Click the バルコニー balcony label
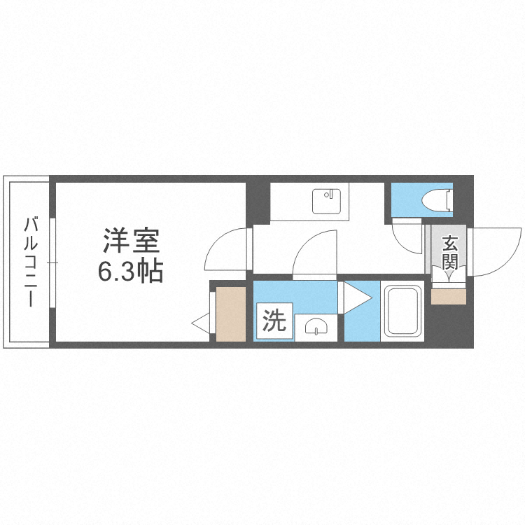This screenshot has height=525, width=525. pos(30,262)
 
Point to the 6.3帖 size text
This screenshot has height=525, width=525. pos(130,269)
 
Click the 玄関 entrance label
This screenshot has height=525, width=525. pos(449,253)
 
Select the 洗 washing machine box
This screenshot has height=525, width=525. pos(274,321)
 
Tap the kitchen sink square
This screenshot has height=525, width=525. pos(326,201)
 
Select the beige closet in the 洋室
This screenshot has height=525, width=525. pos(230,314)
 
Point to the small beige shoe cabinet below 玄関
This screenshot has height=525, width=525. pos(448,297)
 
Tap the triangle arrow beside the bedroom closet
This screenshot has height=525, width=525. pos(202,323)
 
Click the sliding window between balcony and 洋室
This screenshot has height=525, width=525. pos(51,262)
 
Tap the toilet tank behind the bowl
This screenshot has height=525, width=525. pos(449,199)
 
